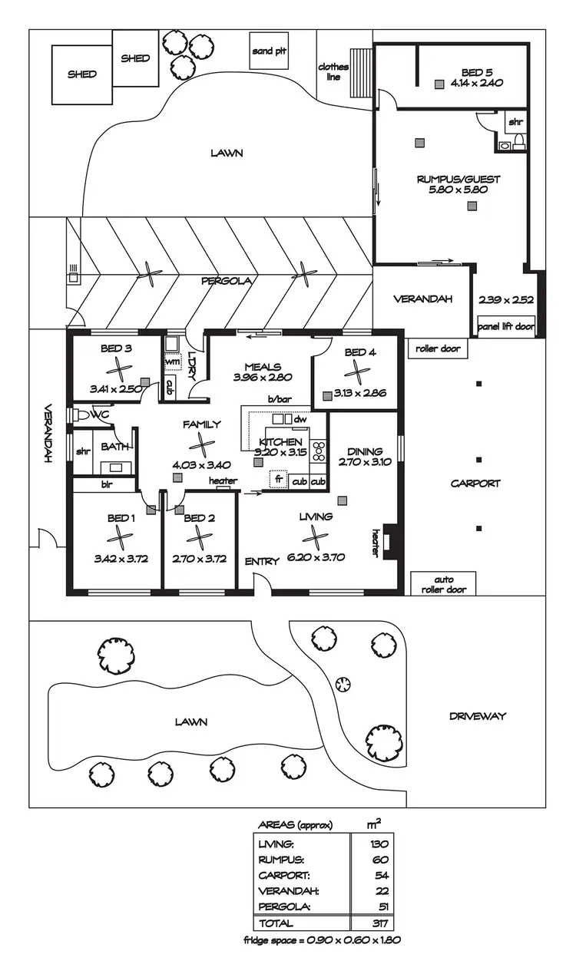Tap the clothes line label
333,72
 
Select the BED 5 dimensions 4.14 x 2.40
476,83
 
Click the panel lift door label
505,326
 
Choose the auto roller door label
444,586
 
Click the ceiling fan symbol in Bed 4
356,373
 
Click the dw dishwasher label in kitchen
300,420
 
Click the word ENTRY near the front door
261,562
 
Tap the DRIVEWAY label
477,716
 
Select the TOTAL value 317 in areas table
380,923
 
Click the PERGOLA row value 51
380,906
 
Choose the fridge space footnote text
322,940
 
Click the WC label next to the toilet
100,414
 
